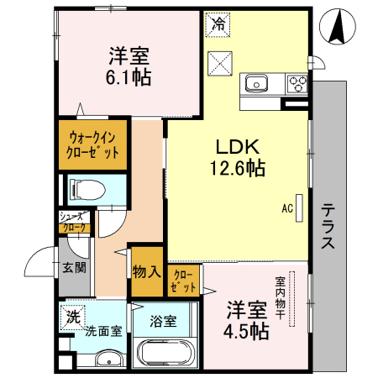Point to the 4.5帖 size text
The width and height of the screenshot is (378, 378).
(245, 330)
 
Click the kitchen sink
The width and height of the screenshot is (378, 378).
(255, 82)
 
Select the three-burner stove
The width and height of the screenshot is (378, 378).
(297, 82)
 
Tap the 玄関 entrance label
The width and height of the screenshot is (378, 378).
(72, 269)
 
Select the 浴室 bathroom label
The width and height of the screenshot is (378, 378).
(163, 320)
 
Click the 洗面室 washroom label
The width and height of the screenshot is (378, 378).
(103, 331)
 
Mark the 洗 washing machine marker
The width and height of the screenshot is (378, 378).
(74, 317)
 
